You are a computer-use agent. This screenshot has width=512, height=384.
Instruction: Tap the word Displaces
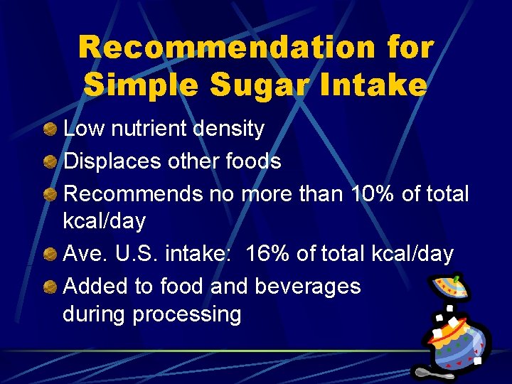coord(112,162)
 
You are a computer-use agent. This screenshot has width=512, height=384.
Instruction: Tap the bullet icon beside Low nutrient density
coord(50,131)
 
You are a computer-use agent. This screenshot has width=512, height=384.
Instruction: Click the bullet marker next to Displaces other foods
coord(50,162)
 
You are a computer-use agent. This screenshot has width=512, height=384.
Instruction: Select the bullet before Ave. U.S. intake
coord(50,254)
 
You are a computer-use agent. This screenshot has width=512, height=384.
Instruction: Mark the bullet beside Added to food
coord(50,287)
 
